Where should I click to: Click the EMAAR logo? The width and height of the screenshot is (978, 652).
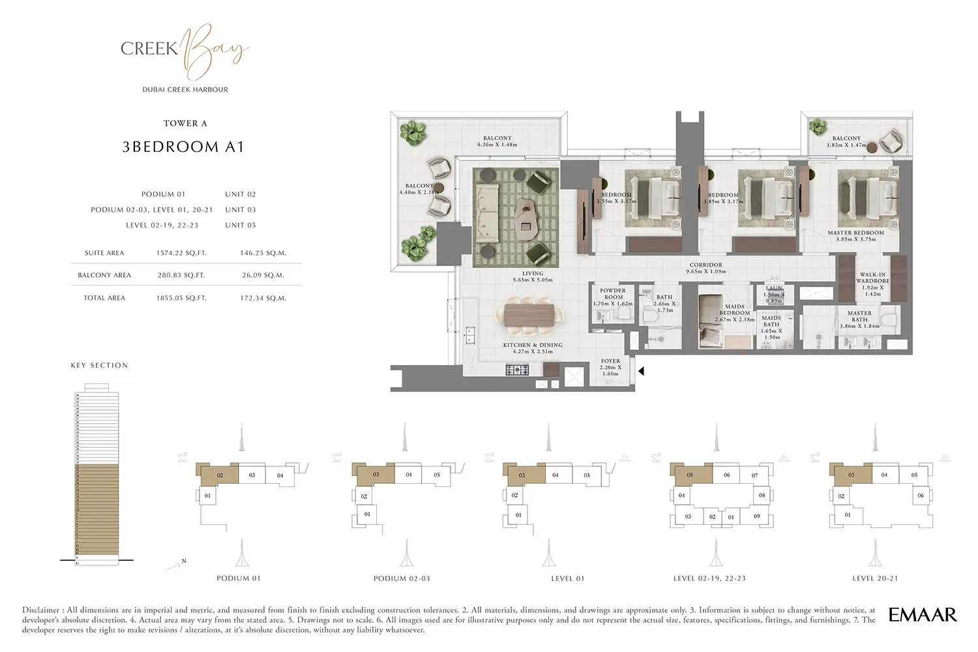(x=923, y=614)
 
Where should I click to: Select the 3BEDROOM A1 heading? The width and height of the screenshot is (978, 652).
(x=183, y=147)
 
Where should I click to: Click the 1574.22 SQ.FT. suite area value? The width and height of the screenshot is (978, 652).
(x=181, y=253)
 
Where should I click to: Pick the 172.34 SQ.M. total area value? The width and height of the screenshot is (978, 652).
(x=263, y=298)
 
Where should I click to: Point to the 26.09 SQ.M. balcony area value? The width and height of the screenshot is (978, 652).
(x=263, y=275)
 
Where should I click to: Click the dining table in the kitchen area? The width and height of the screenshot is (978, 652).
(x=532, y=316)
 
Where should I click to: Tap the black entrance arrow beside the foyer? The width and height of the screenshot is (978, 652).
(x=641, y=372)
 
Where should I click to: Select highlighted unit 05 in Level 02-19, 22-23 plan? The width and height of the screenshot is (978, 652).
(x=690, y=475)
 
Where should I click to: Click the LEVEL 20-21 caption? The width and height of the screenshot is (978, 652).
(x=874, y=578)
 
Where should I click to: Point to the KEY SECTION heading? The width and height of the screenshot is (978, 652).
(x=99, y=365)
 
